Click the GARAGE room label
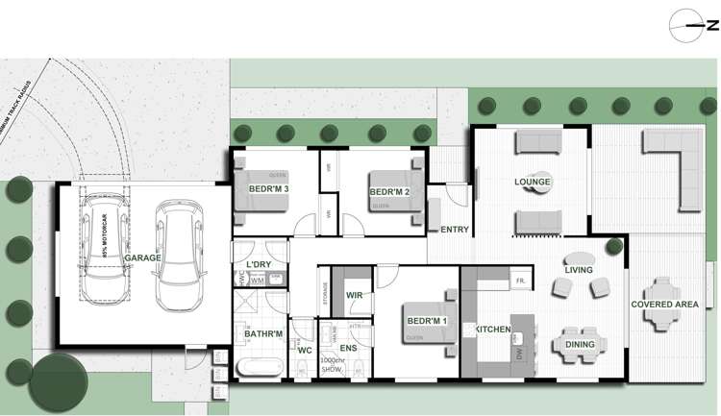click(142, 258)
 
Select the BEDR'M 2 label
click(389, 192)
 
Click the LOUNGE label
click(532, 182)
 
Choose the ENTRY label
click(454, 229)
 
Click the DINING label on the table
click(580, 344)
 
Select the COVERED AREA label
click(664, 305)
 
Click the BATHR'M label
click(262, 334)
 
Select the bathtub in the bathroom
click(261, 366)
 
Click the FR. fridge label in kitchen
click(518, 281)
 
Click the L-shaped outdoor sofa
click(675, 159)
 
